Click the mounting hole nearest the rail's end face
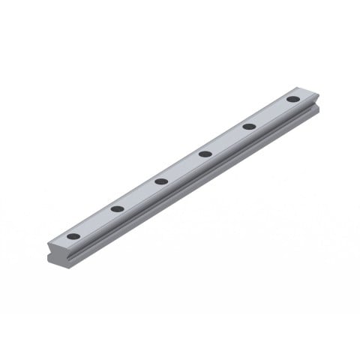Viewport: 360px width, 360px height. [x=73, y=236]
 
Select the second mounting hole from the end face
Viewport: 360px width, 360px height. [x=117, y=208]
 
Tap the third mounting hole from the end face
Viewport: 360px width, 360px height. [x=161, y=181]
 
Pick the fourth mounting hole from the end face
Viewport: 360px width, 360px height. [x=205, y=154]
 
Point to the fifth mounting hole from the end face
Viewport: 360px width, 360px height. [x=249, y=126]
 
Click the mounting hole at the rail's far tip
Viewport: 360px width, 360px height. [x=292, y=99]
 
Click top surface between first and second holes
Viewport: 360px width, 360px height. [x=95, y=222]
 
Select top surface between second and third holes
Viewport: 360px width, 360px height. [x=139, y=194]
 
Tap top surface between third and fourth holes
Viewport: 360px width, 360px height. [x=183, y=167]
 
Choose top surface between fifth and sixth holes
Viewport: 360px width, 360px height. [x=271, y=112]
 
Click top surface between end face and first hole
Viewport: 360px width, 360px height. [x=61, y=241]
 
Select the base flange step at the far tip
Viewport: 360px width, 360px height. [x=316, y=113]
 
